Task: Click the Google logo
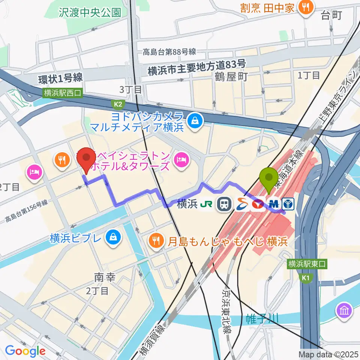(x=25, y=351)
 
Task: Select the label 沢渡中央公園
(x=90, y=12)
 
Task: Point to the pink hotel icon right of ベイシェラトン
(x=181, y=160)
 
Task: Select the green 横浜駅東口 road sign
(x=307, y=264)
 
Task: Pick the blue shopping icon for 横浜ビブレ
(x=112, y=238)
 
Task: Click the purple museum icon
(x=344, y=310)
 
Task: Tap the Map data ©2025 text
(x=328, y=354)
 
